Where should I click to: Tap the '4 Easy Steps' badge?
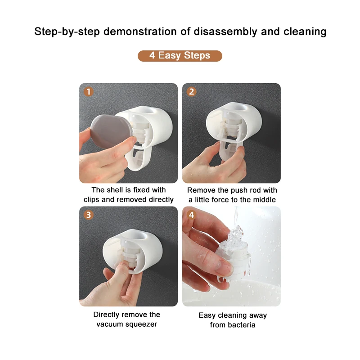[x=180, y=56]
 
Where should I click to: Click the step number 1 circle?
[x=89, y=92]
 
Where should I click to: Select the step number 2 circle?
[x=192, y=92]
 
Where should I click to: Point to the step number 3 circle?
[x=89, y=215]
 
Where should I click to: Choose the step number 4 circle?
[x=192, y=215]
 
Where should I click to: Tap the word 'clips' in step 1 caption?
[x=93, y=199]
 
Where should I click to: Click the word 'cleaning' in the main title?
[x=305, y=32]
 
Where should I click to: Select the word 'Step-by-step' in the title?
[x=67, y=32]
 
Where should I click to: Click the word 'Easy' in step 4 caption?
[x=207, y=315]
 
